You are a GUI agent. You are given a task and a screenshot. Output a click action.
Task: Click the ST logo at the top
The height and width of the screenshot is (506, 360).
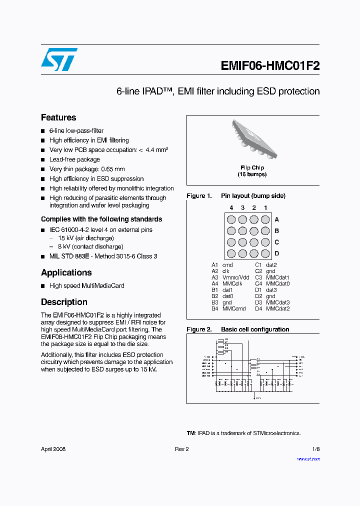tap(59, 59)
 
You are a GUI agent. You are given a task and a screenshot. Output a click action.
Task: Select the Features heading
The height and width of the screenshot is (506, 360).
tap(58, 117)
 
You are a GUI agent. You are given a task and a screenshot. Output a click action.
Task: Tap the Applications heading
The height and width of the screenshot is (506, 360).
tap(66, 272)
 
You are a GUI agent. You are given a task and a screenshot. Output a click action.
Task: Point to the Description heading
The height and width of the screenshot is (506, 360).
tap(64, 302)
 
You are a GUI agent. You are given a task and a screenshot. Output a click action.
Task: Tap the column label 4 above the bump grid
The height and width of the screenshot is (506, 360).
tap(231, 207)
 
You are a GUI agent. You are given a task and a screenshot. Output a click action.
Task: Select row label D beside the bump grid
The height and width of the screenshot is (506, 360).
tap(276, 253)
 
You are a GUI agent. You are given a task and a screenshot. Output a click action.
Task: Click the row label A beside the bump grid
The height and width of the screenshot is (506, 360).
tap(276, 219)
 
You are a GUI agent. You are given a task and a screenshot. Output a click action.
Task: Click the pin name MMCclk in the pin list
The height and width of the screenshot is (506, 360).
tap(232, 283)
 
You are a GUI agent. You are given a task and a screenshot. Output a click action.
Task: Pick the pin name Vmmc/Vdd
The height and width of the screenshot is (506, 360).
tap(235, 277)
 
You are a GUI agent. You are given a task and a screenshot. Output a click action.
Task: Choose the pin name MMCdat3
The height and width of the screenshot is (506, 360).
tap(277, 302)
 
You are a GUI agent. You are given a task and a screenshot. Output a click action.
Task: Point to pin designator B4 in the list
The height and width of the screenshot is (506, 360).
tap(214, 308)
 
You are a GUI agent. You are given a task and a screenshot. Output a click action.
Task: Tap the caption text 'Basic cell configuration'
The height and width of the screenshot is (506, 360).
tap(255, 329)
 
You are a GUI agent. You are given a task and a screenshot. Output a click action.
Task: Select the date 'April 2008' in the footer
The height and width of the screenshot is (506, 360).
tap(53, 449)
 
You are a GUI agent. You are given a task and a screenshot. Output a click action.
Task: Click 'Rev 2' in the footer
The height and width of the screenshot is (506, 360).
tap(181, 449)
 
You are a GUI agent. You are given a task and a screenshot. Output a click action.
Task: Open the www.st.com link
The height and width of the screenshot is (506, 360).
tap(308, 459)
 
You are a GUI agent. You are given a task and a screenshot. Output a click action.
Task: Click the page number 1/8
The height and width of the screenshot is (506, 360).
tap(316, 449)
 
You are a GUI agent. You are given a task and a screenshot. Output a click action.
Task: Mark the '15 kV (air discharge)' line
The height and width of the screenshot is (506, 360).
tap(85, 238)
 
